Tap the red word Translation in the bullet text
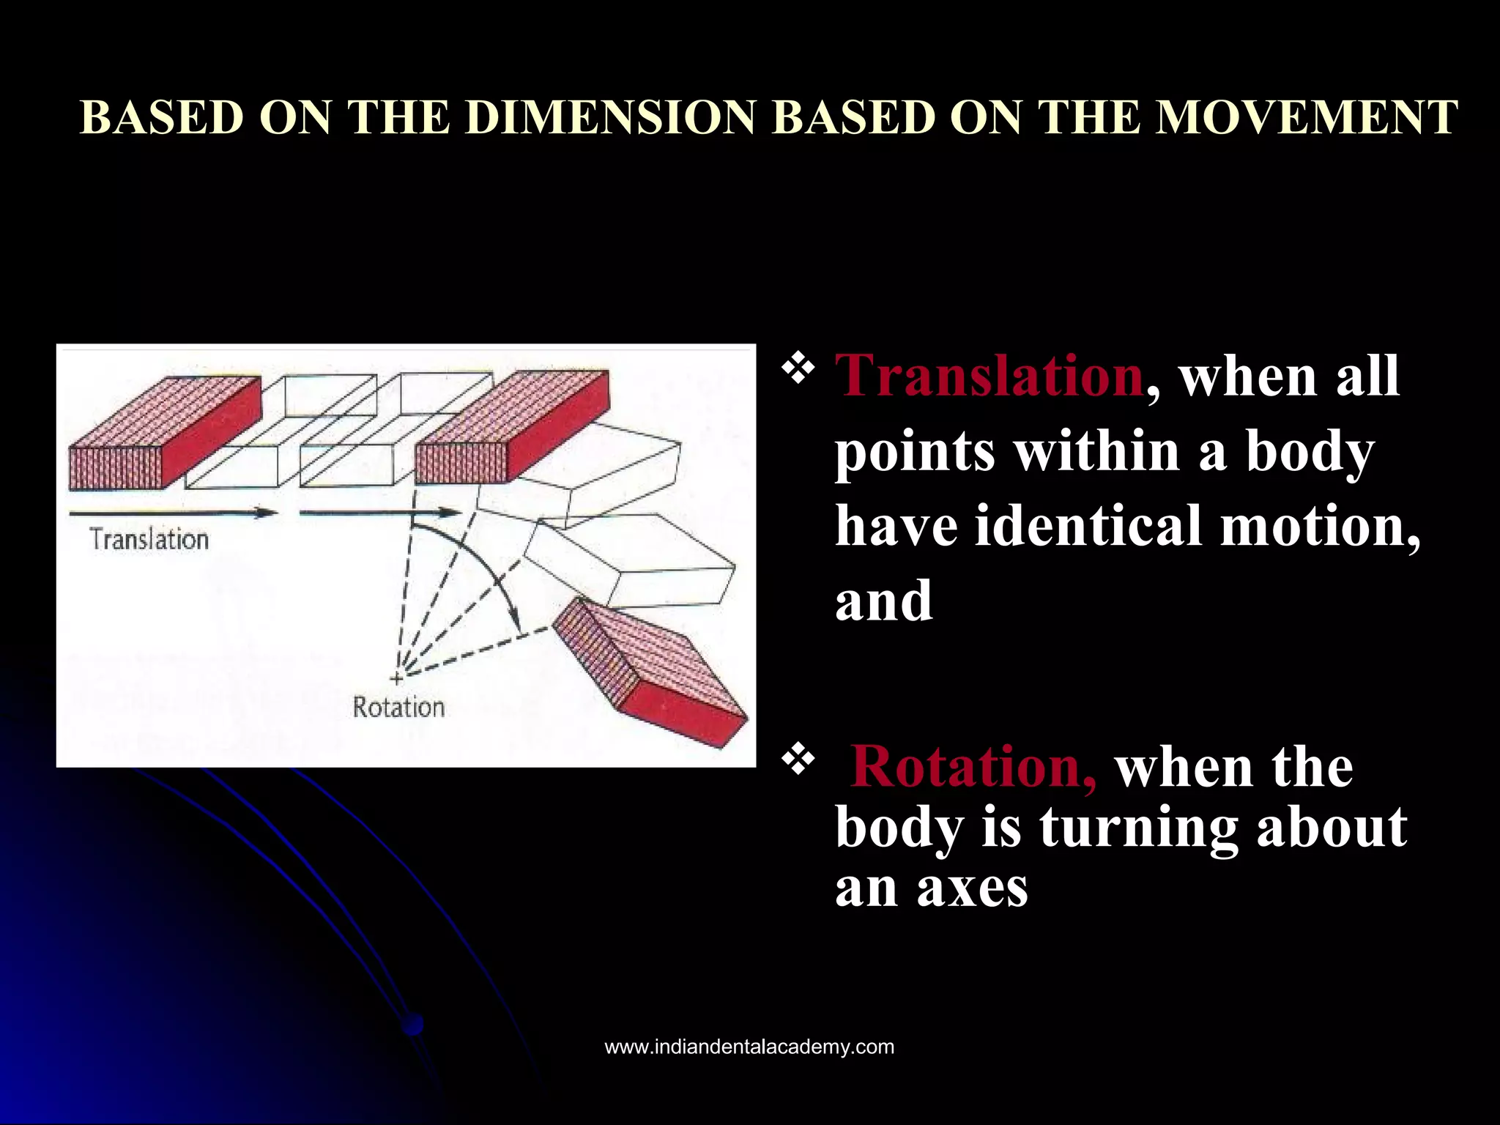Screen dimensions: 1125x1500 click(989, 376)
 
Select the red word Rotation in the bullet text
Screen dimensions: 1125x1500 click(973, 768)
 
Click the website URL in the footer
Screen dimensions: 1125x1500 click(749, 1047)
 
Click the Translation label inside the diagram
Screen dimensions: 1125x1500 click(149, 540)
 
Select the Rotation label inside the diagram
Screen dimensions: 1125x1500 click(398, 708)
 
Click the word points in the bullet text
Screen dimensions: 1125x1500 click(914, 451)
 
